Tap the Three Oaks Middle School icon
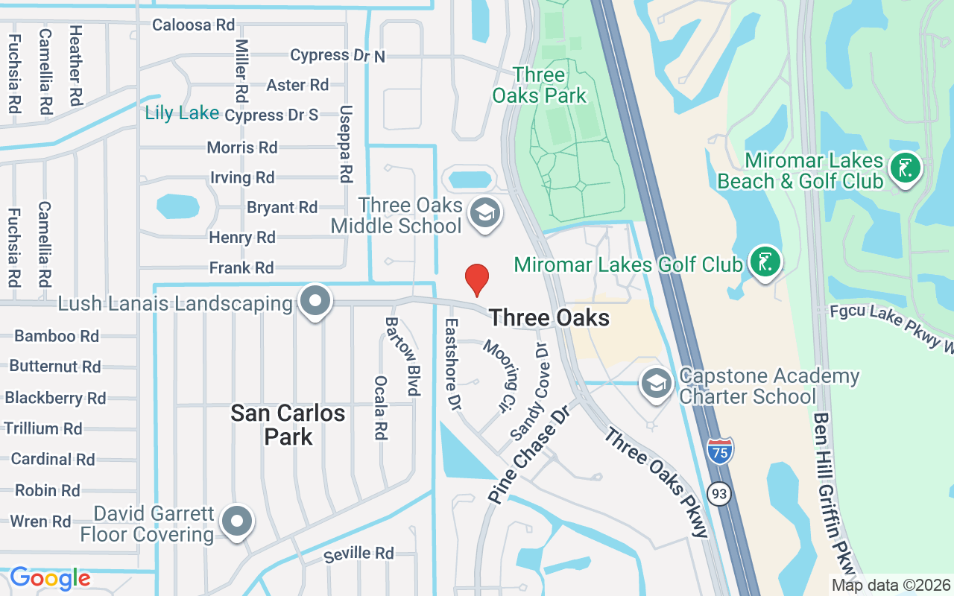pyautogui.click(x=485, y=214)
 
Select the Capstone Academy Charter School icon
pyautogui.click(x=656, y=384)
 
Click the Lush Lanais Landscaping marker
pyautogui.click(x=315, y=302)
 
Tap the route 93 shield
pyautogui.click(x=718, y=493)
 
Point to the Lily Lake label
pyautogui.click(x=182, y=113)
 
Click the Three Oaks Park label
pyautogui.click(x=539, y=85)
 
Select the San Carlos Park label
pyautogui.click(x=288, y=425)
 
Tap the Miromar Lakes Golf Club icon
pyautogui.click(x=765, y=262)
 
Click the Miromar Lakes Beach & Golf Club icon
pyautogui.click(x=906, y=168)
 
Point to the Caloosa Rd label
pyautogui.click(x=193, y=25)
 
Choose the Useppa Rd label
pyautogui.click(x=345, y=143)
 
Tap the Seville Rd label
pyautogui.click(x=358, y=553)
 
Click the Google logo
pyautogui.click(x=50, y=578)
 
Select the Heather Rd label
pyautogui.click(x=75, y=65)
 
